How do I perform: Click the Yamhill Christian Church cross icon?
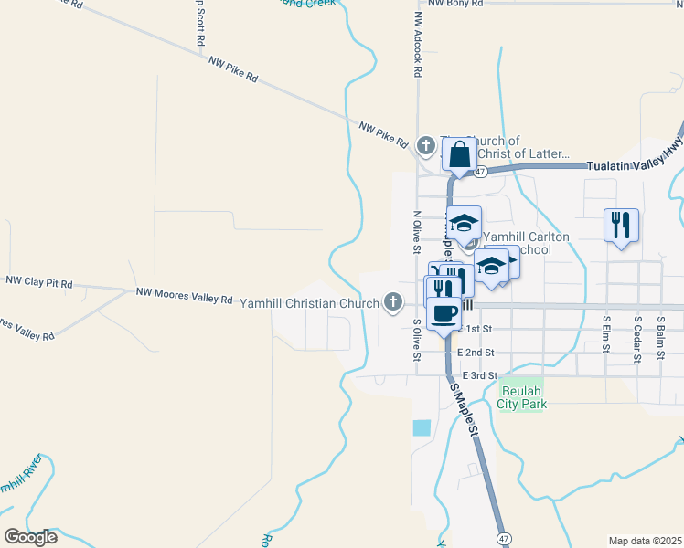(x=394, y=301)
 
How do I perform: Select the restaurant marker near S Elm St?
(x=621, y=225)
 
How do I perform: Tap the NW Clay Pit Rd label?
(x=37, y=284)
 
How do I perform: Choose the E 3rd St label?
(x=479, y=375)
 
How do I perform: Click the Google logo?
(x=30, y=536)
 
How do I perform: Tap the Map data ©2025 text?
(x=645, y=541)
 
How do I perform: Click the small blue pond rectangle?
(x=421, y=427)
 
